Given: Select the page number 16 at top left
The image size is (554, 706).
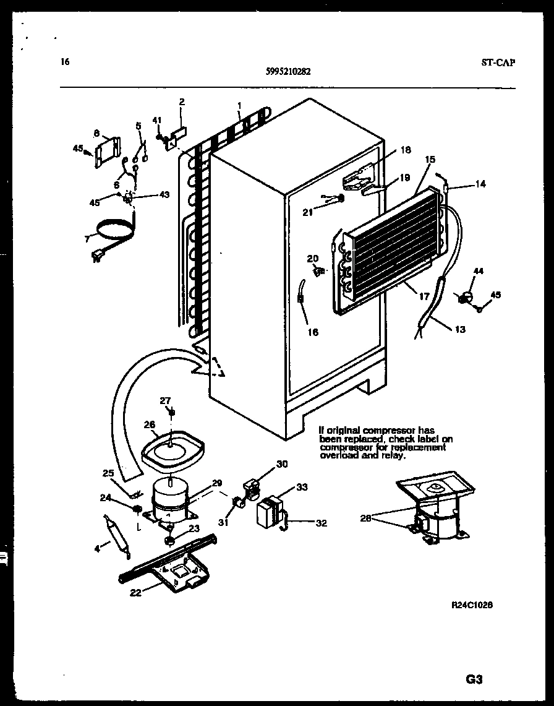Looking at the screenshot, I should coord(65,61).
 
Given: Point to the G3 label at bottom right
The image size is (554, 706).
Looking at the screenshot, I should coord(474,679).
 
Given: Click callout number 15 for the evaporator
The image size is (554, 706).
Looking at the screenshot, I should coord(429,160).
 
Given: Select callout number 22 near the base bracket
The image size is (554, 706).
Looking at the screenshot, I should coord(135,593).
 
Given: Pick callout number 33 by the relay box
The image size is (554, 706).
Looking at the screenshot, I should coord(302,487).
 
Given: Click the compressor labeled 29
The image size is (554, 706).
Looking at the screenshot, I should coord(169,498).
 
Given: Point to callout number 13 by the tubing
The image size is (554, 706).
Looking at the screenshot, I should coord(459,329).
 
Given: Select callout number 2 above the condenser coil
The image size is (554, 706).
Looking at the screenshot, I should coord(182,102).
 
